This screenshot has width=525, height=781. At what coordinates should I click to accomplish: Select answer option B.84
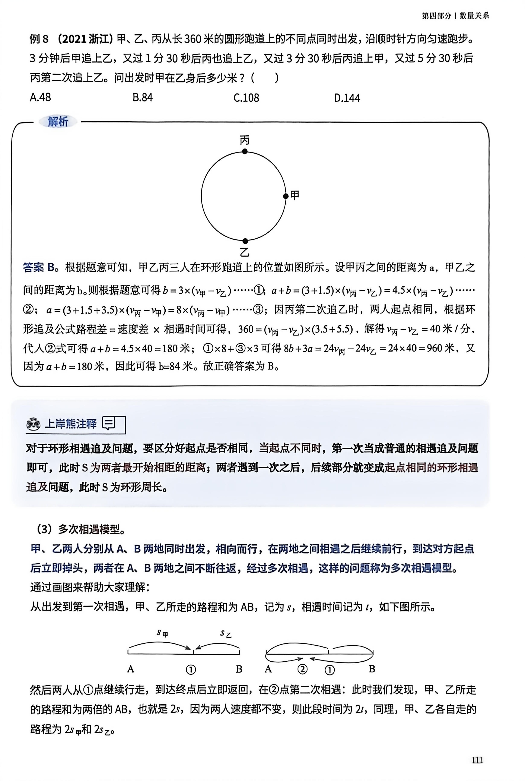point(142,98)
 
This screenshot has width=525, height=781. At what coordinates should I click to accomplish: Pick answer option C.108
point(246,98)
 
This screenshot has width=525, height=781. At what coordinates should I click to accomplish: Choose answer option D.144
point(347,98)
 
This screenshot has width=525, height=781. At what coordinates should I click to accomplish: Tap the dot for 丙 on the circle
point(245,151)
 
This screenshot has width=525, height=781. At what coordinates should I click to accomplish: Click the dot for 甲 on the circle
point(286,196)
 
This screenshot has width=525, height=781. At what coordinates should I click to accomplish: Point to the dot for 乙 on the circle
point(245,241)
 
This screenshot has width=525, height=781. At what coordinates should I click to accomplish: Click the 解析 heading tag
point(58,122)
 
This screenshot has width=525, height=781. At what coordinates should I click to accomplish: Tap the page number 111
point(477,760)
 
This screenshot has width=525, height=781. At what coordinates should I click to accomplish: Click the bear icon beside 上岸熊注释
point(34,424)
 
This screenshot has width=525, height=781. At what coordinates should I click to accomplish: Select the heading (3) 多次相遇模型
point(80,529)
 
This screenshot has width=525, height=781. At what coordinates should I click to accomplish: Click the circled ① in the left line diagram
point(191,670)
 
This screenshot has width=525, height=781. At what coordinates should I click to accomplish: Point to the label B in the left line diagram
point(239,669)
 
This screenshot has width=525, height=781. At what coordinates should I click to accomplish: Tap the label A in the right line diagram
point(268,669)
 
